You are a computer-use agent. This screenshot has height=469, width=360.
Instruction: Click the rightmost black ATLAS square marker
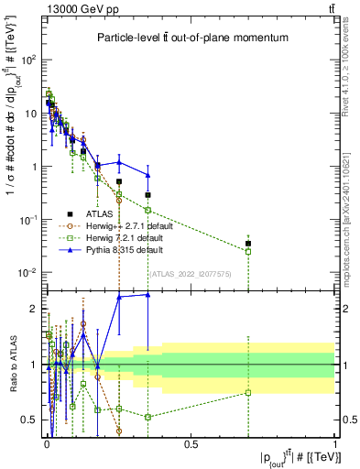pyautogui.click(x=248, y=244)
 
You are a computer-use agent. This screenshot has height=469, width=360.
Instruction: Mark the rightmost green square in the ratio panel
pyautogui.click(x=248, y=393)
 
